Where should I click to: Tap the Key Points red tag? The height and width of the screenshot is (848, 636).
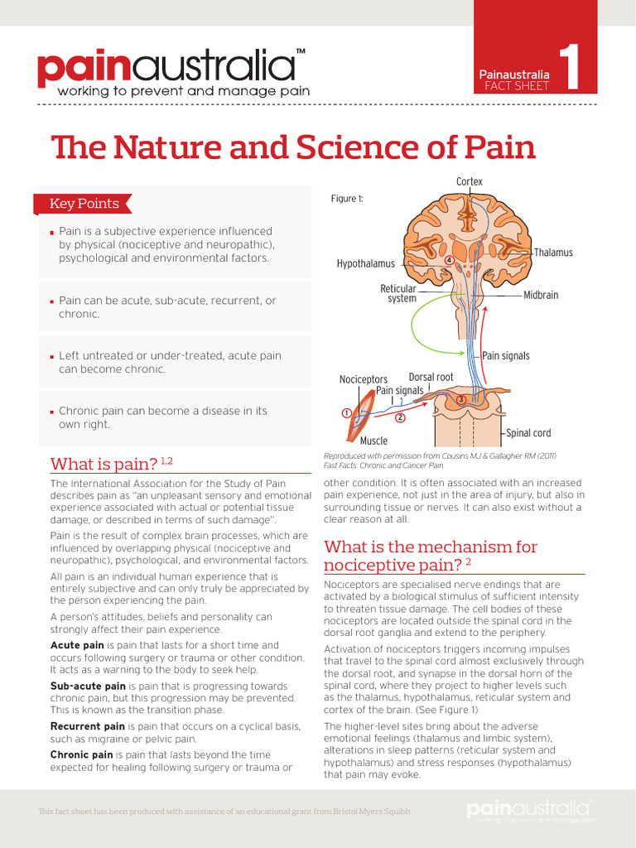pos(83,204)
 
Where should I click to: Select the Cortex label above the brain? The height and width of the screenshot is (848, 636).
pos(469,181)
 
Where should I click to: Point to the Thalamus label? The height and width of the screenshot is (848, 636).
pos(553,253)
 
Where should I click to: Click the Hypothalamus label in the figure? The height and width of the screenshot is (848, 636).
pos(365,263)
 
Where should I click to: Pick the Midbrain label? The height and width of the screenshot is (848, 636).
pos(541,295)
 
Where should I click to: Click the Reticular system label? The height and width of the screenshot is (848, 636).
pos(398,293)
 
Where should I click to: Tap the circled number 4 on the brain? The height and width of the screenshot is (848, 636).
pos(449,260)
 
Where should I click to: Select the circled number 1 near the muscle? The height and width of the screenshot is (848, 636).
pos(346,412)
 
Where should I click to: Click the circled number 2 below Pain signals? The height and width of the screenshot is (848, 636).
pos(400,417)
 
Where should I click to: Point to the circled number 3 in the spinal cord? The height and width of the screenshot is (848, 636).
pos(460,400)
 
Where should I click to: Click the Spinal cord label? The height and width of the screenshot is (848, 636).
pos(528,433)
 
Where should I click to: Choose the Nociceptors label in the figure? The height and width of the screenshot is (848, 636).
pos(363,379)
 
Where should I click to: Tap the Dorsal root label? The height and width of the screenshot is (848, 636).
pos(431,377)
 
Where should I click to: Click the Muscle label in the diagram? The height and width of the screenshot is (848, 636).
pos(373,441)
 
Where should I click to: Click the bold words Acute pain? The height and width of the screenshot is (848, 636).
pos(77,645)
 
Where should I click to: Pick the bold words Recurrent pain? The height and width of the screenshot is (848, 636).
pos(87,726)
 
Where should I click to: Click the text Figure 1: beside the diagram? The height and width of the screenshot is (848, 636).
pos(347,199)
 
